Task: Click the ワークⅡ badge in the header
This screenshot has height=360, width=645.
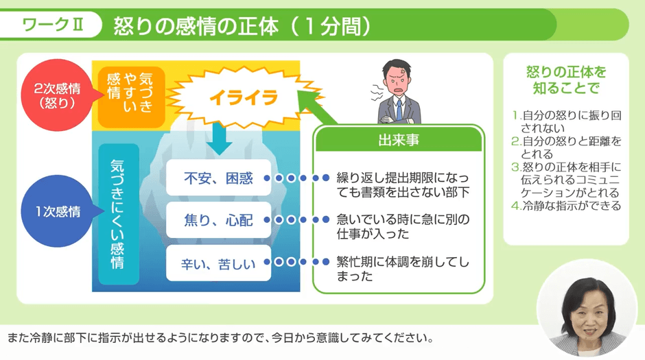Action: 53,25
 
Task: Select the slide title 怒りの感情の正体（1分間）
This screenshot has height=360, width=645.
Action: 237,25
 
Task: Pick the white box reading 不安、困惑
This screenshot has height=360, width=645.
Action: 218,178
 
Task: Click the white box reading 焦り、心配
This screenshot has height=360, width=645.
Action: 218,220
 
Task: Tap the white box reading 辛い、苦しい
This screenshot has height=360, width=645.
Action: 218,262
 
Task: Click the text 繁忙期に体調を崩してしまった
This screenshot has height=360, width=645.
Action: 402,269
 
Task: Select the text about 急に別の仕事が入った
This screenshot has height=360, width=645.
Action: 402,227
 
